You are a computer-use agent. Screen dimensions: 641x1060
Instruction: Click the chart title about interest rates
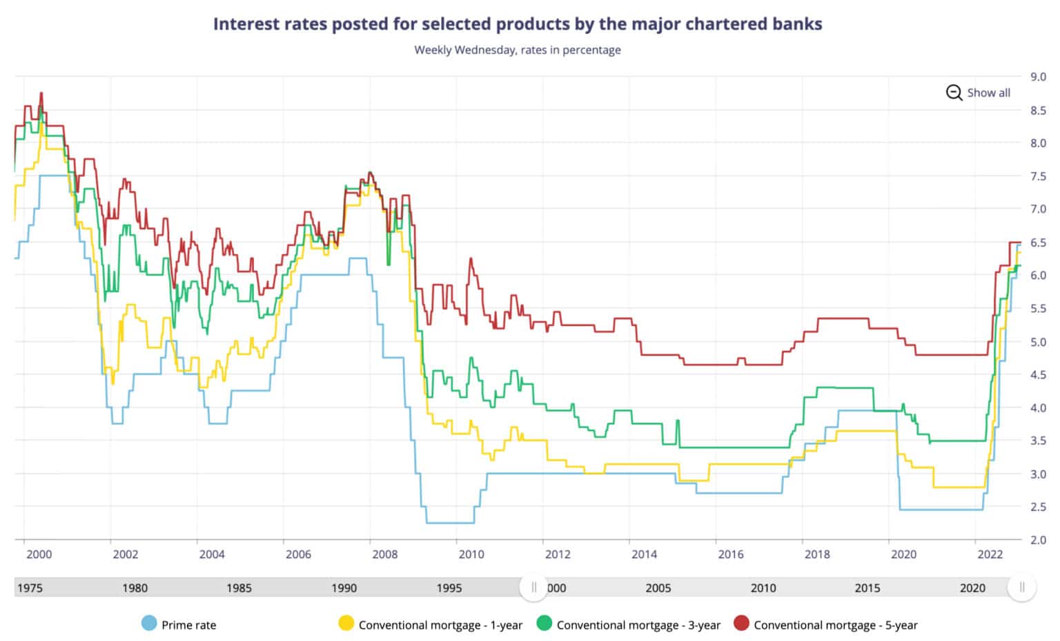click(518, 24)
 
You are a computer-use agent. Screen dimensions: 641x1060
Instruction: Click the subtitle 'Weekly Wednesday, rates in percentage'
click(518, 50)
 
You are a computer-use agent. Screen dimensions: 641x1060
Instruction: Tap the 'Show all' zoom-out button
click(979, 93)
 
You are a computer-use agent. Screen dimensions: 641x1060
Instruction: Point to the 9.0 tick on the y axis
click(1038, 77)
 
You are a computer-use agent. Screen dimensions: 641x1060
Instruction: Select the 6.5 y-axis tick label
click(1038, 242)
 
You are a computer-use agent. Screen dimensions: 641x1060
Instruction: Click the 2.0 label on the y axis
click(1038, 539)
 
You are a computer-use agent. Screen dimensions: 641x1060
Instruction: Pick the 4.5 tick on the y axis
click(1038, 374)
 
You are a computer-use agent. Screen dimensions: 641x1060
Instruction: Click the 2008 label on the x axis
click(384, 554)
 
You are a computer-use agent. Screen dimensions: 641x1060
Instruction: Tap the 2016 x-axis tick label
click(731, 554)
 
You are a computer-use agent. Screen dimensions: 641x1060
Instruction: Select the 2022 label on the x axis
click(990, 554)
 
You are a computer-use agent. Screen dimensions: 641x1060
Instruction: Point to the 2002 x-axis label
click(125, 554)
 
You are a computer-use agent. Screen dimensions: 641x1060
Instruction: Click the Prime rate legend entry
click(179, 624)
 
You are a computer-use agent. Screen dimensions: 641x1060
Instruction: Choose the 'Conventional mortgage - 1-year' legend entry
click(431, 624)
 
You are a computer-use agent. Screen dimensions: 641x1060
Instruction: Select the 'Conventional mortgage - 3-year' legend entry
click(629, 624)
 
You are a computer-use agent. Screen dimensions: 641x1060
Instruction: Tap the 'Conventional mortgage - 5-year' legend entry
click(825, 624)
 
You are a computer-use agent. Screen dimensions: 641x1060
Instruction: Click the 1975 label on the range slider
click(30, 588)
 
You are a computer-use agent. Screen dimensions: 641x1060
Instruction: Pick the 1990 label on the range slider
click(344, 588)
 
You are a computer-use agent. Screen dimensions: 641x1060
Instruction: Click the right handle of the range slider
click(1022, 587)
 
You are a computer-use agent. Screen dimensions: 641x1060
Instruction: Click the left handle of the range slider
click(533, 587)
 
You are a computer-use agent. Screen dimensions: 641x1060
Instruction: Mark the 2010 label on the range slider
click(763, 588)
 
